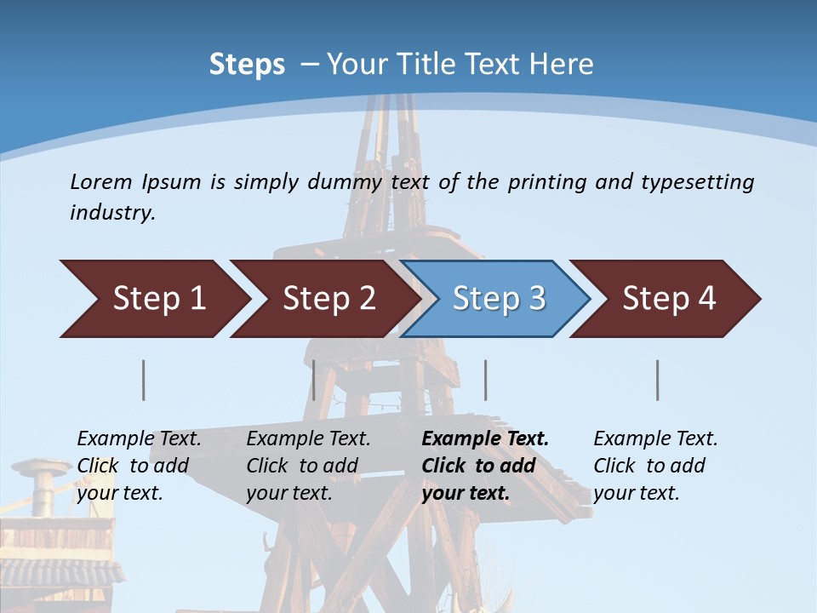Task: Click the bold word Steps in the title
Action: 247,65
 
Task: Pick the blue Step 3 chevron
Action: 498,299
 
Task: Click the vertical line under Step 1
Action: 143,380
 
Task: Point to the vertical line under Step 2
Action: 314,380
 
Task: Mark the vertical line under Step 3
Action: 485,380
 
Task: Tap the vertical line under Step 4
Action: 657,380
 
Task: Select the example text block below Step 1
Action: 139,465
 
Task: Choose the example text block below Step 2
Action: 308,465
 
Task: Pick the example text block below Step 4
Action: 655,465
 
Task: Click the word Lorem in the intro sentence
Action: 101,181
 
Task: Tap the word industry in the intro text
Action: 112,213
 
